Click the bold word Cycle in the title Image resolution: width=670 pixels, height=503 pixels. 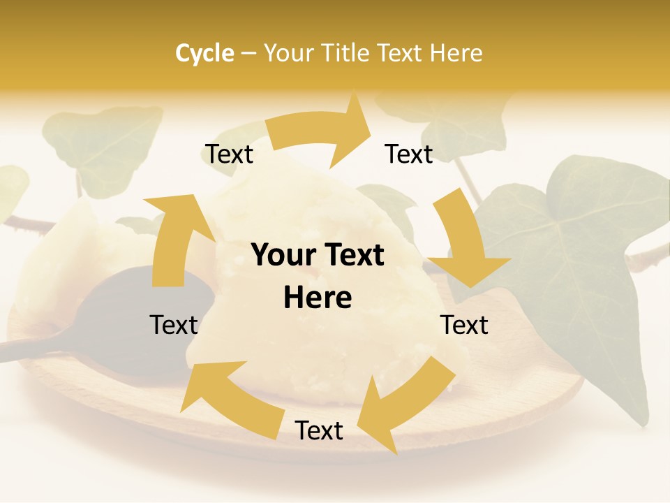pyautogui.click(x=204, y=53)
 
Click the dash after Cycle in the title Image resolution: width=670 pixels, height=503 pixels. pyautogui.click(x=248, y=54)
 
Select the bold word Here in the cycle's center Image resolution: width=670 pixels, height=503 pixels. pyautogui.click(x=318, y=298)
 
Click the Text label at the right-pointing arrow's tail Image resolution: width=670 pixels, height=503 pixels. pyautogui.click(x=229, y=154)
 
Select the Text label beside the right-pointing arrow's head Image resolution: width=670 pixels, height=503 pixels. pyautogui.click(x=409, y=154)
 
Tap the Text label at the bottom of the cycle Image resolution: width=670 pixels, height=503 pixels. pyautogui.click(x=319, y=431)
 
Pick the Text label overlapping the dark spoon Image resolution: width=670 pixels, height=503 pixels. pyautogui.click(x=174, y=325)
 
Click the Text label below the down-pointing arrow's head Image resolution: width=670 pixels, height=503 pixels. pyautogui.click(x=464, y=325)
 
